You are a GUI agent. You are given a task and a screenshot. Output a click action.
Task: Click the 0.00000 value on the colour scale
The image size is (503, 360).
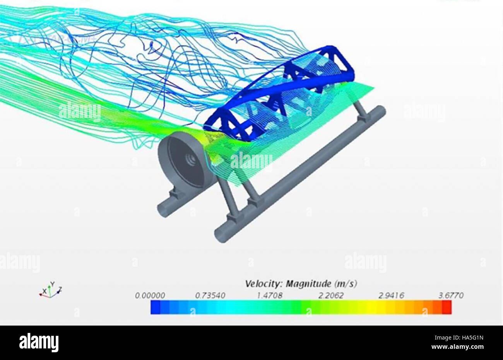click(150, 295)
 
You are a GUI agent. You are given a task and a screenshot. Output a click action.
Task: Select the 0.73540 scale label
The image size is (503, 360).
click(210, 295)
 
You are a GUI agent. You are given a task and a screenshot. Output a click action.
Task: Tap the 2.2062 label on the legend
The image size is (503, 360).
click(330, 295)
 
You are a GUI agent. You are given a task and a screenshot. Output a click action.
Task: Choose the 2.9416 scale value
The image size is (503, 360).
click(391, 295)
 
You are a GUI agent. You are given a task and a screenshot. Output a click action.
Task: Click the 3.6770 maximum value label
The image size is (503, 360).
click(451, 295)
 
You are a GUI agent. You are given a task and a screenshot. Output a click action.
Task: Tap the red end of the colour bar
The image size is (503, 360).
click(447, 307)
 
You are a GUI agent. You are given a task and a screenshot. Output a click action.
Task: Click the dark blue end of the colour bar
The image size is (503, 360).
click(156, 307)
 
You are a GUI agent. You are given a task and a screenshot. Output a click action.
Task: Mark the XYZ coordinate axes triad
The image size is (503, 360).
click(50, 291)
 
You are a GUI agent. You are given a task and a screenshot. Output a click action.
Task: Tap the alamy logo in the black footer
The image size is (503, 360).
click(39, 342)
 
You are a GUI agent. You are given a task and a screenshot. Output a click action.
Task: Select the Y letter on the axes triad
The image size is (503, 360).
click(52, 283)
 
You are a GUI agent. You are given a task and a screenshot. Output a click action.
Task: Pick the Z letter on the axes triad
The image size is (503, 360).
click(60, 289)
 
